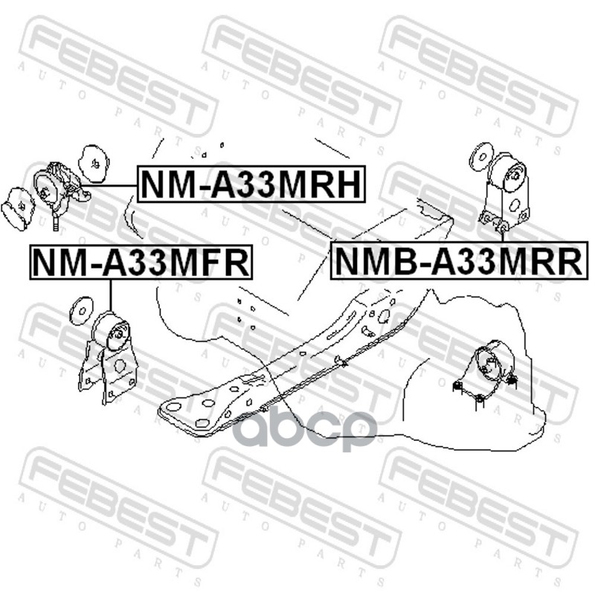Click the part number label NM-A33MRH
coord(251,184)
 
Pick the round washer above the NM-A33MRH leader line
coord(94,164)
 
